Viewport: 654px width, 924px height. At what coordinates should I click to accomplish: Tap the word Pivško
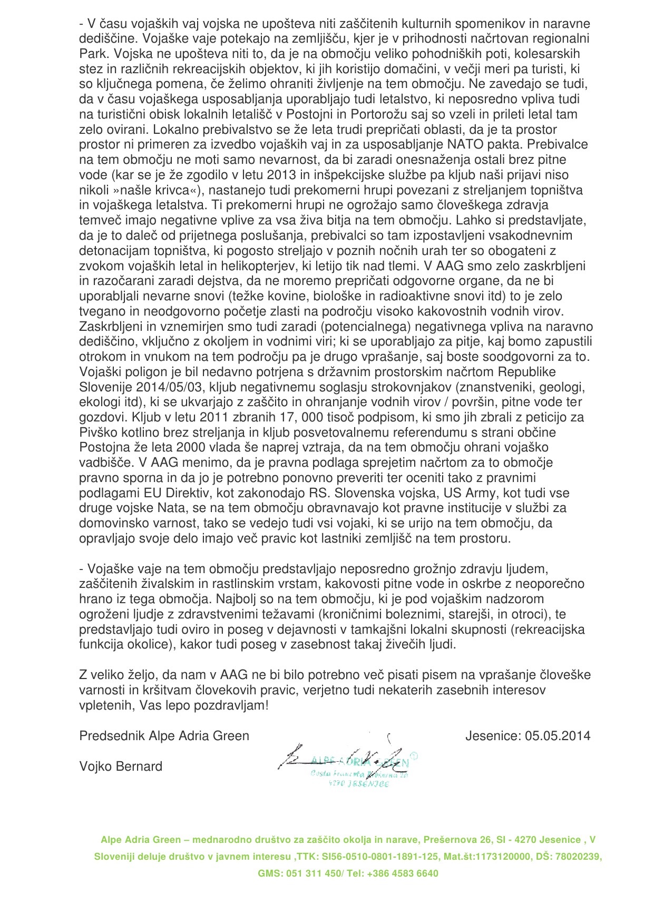pos(100,432)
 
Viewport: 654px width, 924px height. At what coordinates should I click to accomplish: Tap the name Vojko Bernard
pos(121,766)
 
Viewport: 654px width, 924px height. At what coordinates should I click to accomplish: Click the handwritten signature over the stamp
pos(343,758)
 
